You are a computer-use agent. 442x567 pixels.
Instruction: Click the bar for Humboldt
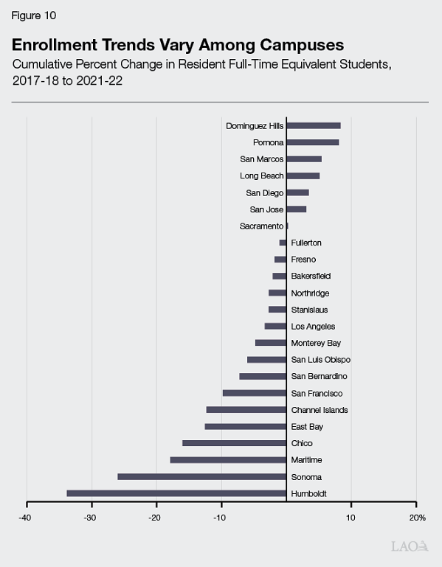pyautogui.click(x=176, y=493)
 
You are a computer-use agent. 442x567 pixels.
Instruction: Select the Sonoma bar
pyautogui.click(x=201, y=476)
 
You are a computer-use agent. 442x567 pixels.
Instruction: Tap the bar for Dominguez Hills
pyautogui.click(x=313, y=126)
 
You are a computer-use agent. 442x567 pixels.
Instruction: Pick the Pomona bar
pyautogui.click(x=312, y=142)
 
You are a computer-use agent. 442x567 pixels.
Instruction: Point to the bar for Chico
pyautogui.click(x=234, y=443)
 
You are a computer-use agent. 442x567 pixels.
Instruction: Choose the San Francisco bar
pyautogui.click(x=254, y=393)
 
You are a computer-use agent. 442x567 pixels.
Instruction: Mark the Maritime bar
pyautogui.click(x=228, y=460)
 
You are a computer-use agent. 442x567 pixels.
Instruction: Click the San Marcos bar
pyautogui.click(x=303, y=159)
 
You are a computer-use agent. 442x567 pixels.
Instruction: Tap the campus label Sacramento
pyautogui.click(x=261, y=226)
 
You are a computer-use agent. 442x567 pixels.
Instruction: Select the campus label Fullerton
pyautogui.click(x=306, y=243)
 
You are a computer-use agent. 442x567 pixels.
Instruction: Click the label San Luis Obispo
pyautogui.click(x=320, y=360)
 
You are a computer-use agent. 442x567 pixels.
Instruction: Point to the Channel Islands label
pyautogui.click(x=320, y=410)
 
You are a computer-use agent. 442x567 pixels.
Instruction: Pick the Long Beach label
pyautogui.click(x=261, y=176)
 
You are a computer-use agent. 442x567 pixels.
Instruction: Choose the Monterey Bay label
pyautogui.click(x=316, y=343)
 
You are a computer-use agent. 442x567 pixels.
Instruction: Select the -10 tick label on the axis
pyautogui.click(x=220, y=517)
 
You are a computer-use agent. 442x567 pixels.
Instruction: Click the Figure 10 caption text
pyautogui.click(x=33, y=15)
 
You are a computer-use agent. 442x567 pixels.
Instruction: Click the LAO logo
pyautogui.click(x=408, y=546)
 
